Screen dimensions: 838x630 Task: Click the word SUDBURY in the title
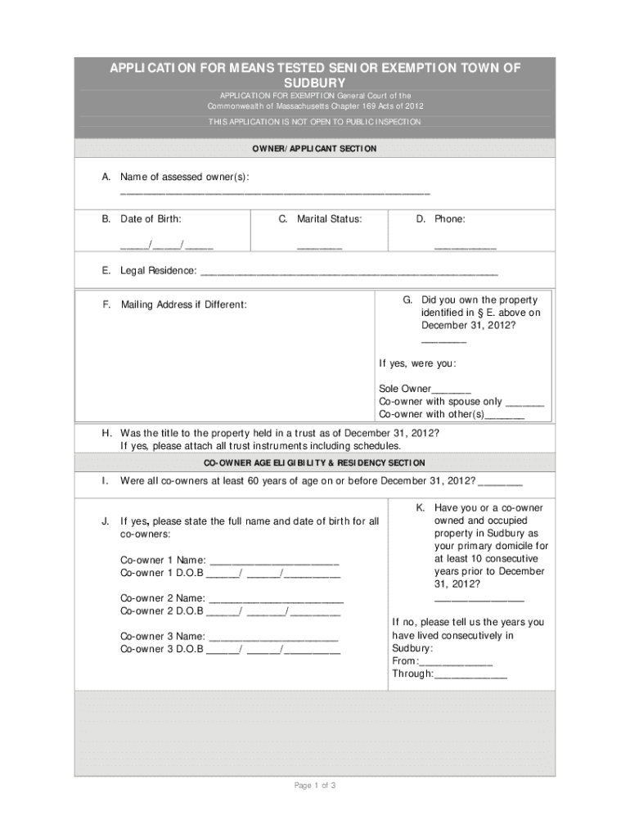point(314,83)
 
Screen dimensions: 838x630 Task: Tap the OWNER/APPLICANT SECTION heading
point(314,149)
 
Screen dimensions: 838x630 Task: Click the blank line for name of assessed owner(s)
point(274,193)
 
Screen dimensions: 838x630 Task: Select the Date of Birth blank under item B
point(167,246)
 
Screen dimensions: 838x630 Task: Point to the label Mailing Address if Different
point(183,305)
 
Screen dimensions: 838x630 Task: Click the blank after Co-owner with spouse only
point(524,403)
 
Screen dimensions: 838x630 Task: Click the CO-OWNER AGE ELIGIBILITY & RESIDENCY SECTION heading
point(314,463)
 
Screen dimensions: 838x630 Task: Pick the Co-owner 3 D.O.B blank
point(273,651)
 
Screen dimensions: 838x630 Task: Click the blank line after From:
point(456,663)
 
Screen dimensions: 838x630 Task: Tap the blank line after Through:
point(470,676)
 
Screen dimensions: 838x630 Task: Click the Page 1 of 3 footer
point(314,786)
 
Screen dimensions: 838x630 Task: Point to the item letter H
point(106,433)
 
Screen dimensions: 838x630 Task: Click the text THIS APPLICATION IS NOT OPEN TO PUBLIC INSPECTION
point(314,122)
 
